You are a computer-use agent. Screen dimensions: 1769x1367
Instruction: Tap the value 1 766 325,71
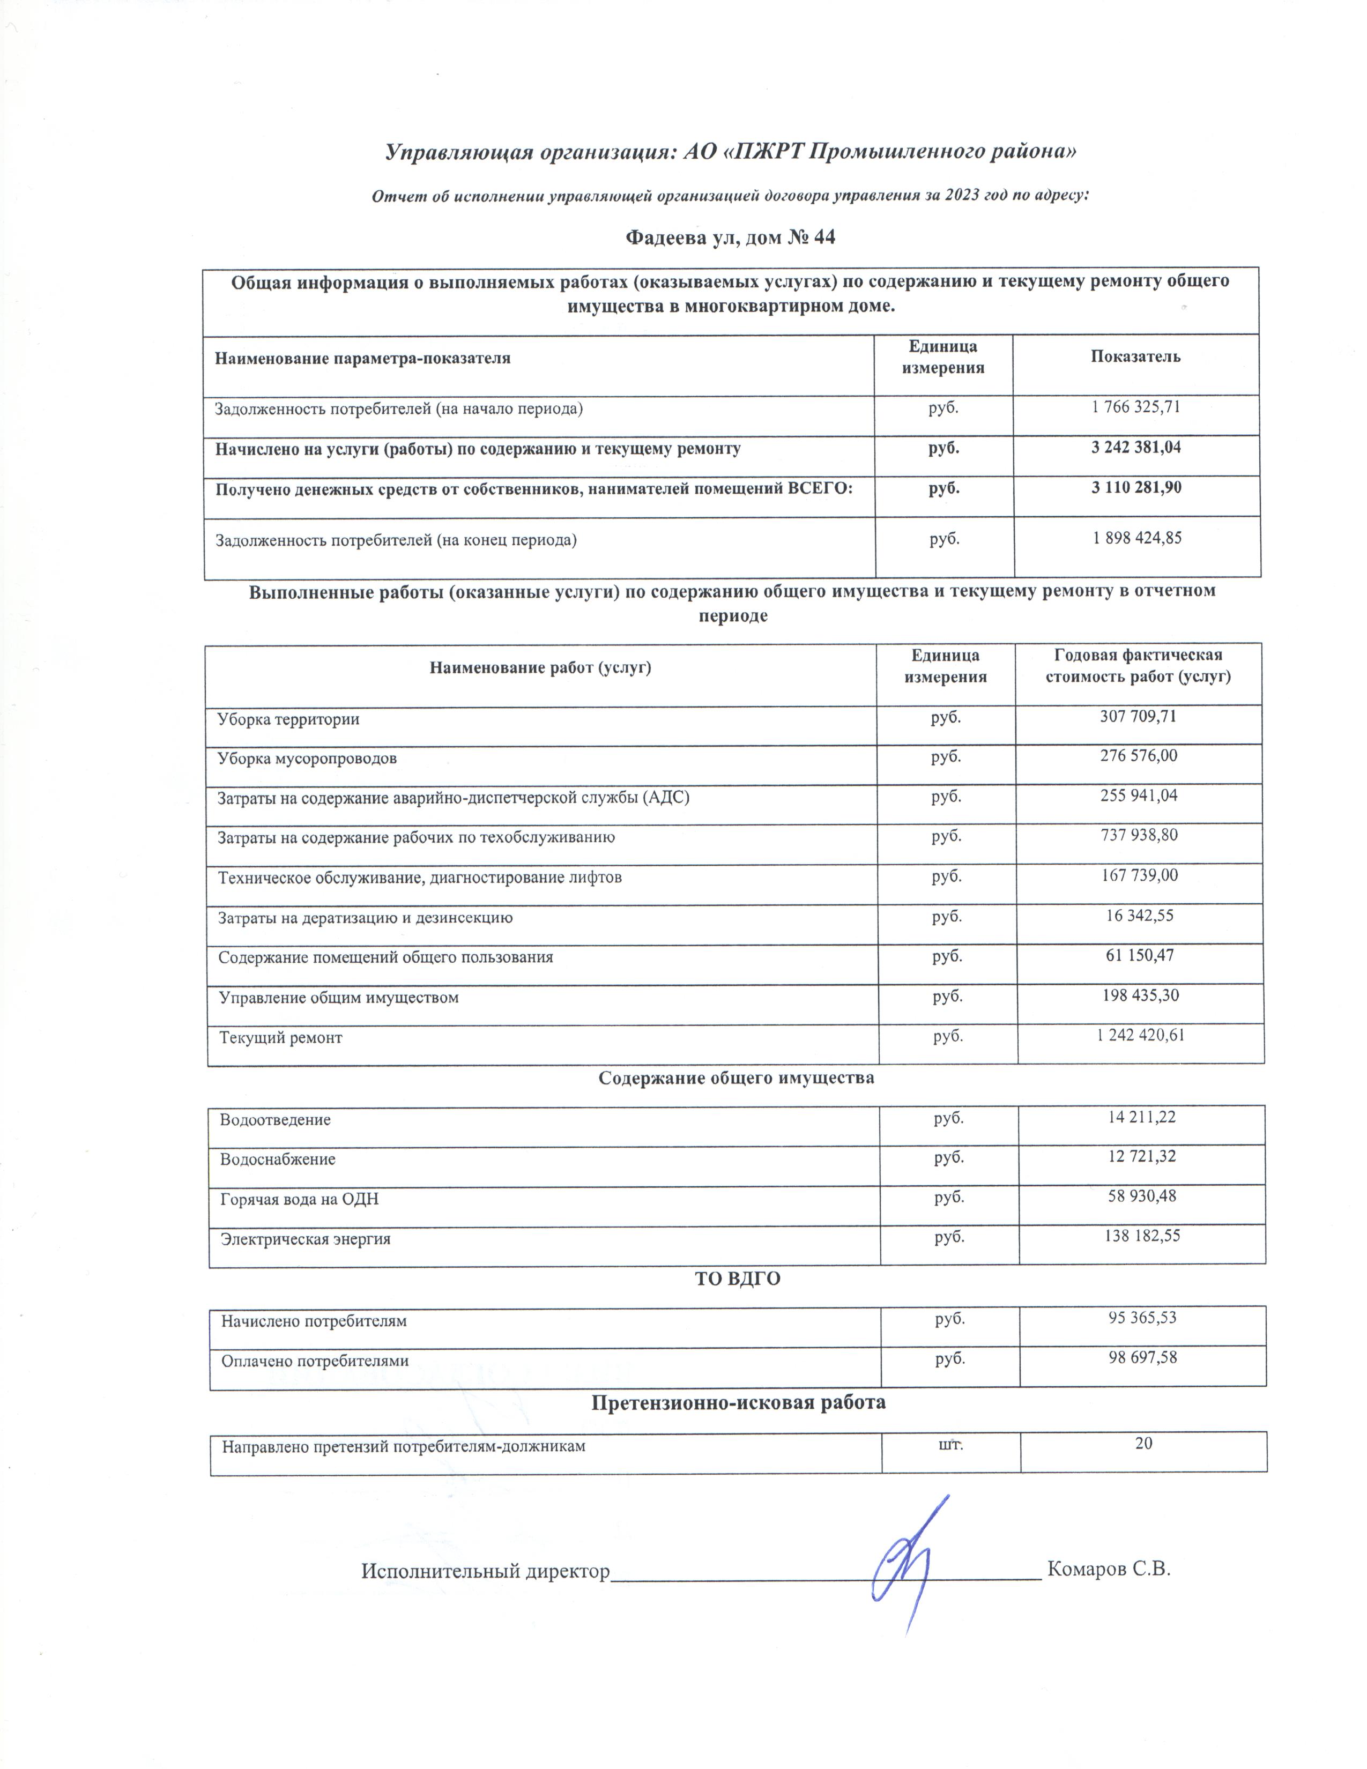point(1135,407)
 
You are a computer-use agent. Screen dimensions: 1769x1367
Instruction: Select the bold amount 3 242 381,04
point(1135,447)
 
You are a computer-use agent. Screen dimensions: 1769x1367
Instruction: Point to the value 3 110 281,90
point(1135,488)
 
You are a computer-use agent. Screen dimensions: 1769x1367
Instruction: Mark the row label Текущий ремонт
point(280,1038)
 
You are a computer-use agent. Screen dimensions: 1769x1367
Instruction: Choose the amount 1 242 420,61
point(1140,1035)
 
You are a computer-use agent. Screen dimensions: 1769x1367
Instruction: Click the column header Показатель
point(1135,356)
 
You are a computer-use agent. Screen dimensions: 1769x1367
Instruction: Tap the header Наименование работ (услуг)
point(540,668)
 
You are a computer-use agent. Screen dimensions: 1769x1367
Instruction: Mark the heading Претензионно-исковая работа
point(738,1402)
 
